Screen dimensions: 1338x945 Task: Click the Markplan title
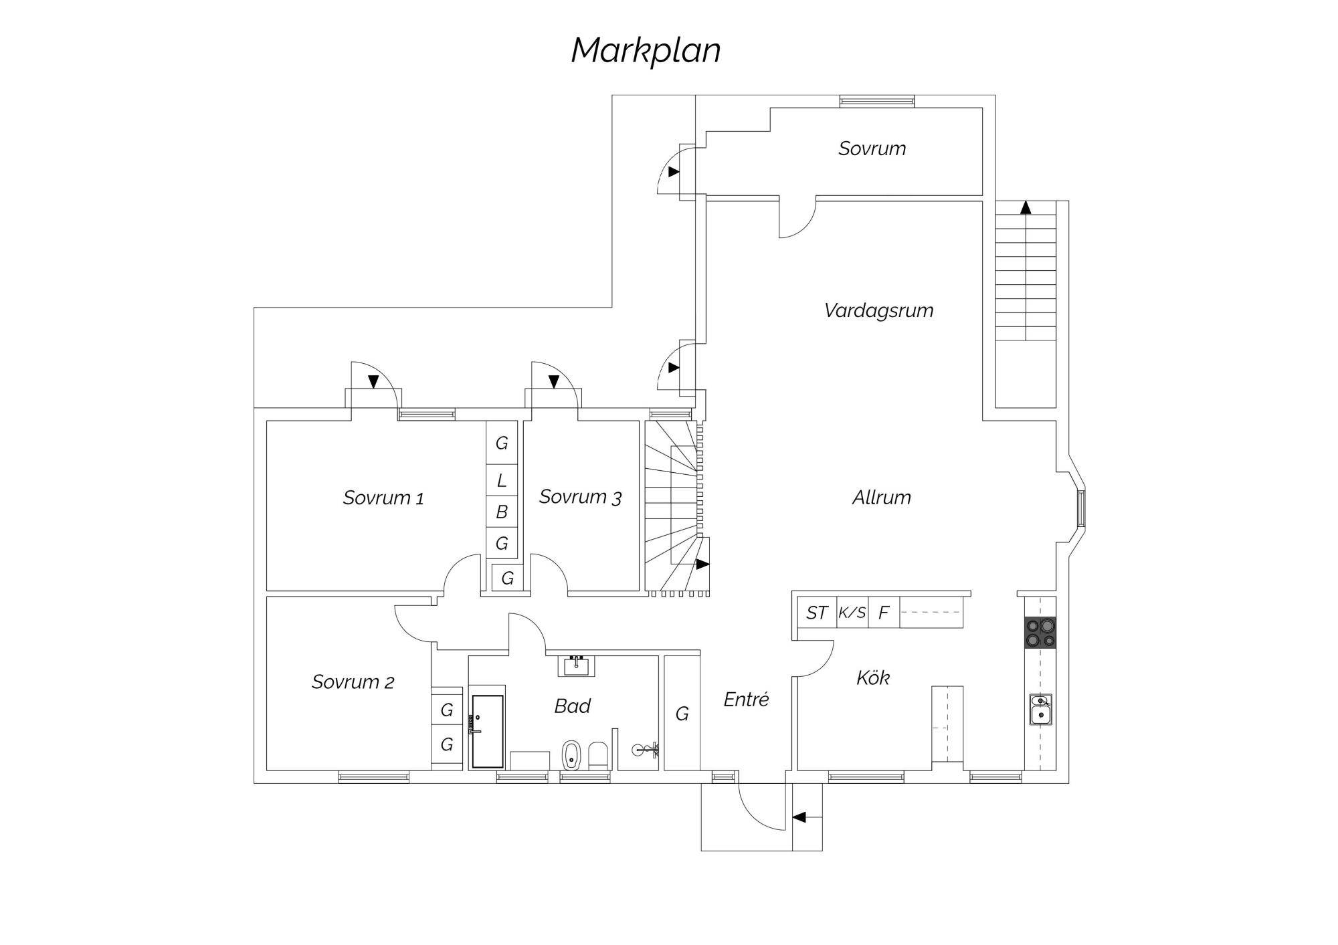click(646, 51)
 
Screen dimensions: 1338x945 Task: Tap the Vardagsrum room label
click(878, 310)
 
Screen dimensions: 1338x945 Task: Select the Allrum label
click(881, 498)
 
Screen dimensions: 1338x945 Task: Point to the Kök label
click(873, 677)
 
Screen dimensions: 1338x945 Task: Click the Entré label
click(746, 700)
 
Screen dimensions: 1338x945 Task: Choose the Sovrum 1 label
click(383, 498)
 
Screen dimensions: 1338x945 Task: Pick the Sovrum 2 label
click(353, 681)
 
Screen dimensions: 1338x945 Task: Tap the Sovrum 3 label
click(580, 497)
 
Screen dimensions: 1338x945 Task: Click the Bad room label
click(572, 706)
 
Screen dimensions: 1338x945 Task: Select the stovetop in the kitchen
click(1040, 633)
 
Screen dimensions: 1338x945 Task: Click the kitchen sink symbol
click(1040, 710)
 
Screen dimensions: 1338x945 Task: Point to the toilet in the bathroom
click(571, 755)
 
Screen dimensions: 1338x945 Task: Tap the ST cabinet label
click(817, 613)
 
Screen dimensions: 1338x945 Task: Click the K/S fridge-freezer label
click(852, 613)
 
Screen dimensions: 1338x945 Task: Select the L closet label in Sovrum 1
click(502, 480)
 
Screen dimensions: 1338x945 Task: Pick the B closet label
click(502, 512)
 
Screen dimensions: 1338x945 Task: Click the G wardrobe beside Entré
click(682, 714)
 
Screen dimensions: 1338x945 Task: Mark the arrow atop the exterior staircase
click(1026, 207)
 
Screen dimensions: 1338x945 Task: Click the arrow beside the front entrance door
click(799, 817)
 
